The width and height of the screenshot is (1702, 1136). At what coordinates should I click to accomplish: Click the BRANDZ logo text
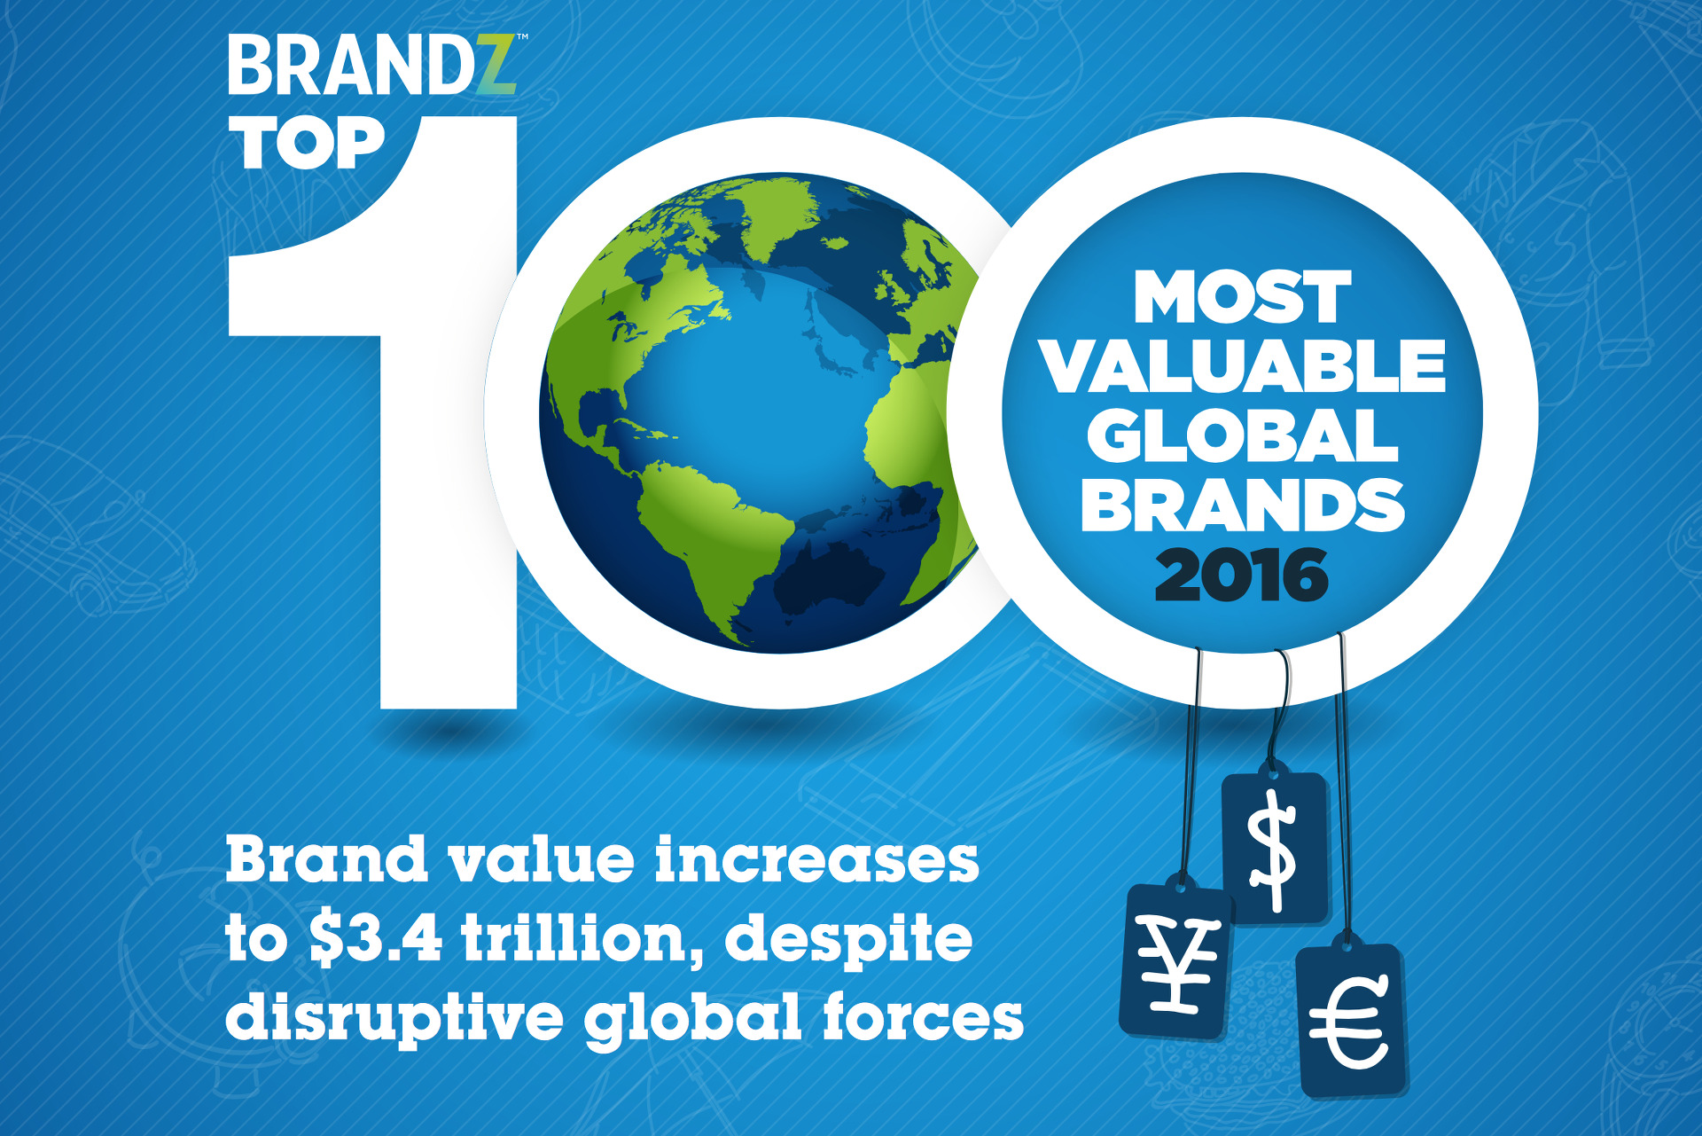pos(372,65)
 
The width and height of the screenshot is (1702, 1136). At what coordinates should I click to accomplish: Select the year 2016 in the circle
pos(1242,575)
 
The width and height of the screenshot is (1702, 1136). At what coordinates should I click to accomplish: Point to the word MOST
pos(1243,297)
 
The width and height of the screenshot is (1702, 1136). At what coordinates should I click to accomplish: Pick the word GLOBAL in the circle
pos(1243,435)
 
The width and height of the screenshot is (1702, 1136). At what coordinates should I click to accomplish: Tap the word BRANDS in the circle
pos(1243,505)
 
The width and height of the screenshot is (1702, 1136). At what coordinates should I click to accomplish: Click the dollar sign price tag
pos(1276,848)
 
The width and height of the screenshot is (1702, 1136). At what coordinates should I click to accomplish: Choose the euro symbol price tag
pos(1351,1021)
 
